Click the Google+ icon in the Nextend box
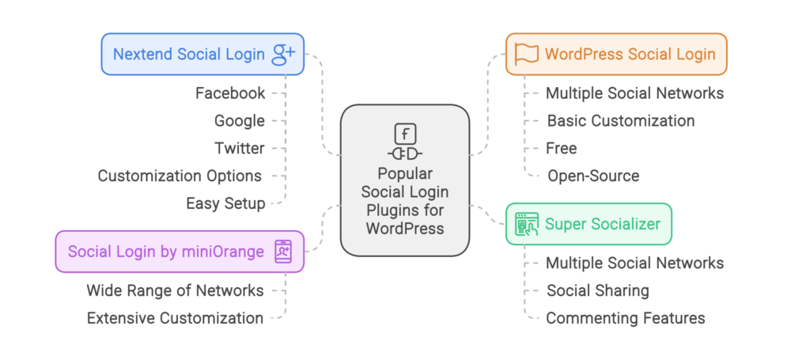pos(283,54)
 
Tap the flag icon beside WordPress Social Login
pos(526,54)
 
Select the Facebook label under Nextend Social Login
pos(230,93)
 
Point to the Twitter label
pos(239,148)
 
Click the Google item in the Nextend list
pos(239,121)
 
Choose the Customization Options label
pos(180,176)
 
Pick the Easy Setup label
pos(225,203)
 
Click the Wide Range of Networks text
pos(175,290)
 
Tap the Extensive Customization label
pos(175,318)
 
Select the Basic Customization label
pos(621,121)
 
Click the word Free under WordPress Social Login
pos(561,148)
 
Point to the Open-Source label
pos(593,176)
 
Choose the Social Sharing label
pos(597,290)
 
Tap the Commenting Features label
pos(625,318)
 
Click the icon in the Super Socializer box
pos(526,224)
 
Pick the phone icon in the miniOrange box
pos(282,252)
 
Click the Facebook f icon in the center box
pos(405,133)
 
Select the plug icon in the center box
pos(405,153)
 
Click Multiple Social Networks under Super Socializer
pos(634,263)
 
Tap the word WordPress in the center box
pos(405,228)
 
